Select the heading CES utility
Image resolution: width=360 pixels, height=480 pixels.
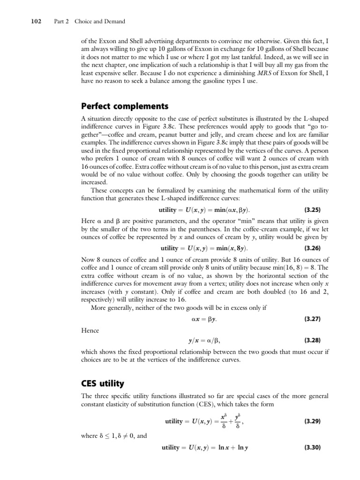point(102,384)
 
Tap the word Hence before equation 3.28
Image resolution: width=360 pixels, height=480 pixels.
point(90,330)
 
